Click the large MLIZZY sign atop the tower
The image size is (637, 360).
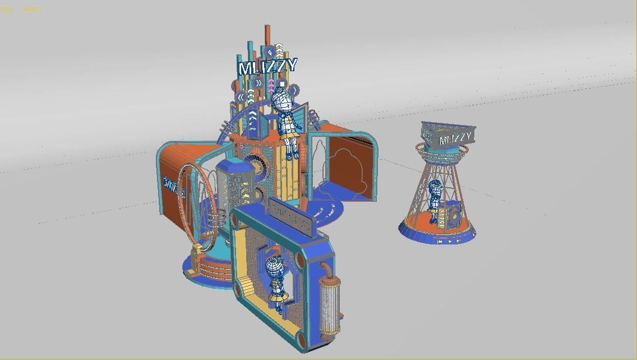267,67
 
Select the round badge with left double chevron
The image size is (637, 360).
241,97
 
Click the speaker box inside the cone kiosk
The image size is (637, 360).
452,215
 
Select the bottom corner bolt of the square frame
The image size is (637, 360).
301,339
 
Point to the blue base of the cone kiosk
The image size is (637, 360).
437,236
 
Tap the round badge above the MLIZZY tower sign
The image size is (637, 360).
270,51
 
